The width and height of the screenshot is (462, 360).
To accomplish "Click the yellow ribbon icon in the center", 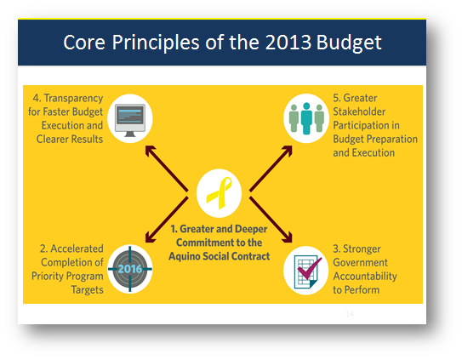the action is coord(219,193).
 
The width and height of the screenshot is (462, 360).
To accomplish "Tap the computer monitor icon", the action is coord(130,120).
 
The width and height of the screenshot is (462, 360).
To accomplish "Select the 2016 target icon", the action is coord(130,269).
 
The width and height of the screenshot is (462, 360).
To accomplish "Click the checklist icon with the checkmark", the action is coord(308,271).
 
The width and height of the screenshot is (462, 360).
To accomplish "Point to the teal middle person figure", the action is coord(306,118).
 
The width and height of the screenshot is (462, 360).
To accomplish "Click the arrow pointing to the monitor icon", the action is coord(167,169).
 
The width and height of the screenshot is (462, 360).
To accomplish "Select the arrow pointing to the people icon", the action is coord(271,169).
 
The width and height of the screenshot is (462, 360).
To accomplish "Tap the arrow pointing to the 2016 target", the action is coord(167,220).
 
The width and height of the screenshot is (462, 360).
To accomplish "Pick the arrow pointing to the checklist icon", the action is coord(271,220).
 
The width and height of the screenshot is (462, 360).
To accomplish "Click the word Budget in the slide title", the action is coord(349,43).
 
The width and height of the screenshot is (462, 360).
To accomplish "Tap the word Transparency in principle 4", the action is coord(73,99).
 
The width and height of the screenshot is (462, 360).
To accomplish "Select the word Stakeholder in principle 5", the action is coord(359,111).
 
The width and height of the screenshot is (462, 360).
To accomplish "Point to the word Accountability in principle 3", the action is coord(365,277).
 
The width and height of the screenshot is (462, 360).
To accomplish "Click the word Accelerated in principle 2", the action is coord(77,249).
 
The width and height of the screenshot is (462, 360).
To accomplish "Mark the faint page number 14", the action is coord(350,313).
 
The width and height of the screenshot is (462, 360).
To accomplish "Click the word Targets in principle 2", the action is coord(88,290).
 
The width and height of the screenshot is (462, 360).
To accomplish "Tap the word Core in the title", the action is coord(84,43).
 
